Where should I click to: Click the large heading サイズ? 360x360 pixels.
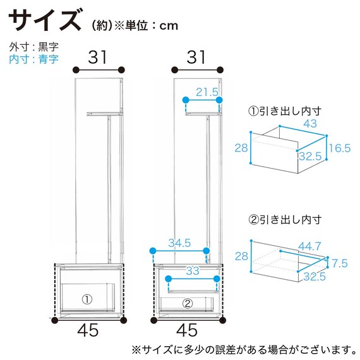[45, 21]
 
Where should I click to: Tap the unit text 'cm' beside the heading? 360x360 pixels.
[168, 26]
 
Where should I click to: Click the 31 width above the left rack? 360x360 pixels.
[97, 57]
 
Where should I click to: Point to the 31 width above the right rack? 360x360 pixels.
[196, 57]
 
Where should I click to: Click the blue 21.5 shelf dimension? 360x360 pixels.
[207, 92]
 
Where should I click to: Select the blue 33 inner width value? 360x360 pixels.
[192, 270]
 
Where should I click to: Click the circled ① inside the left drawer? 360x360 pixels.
[87, 297]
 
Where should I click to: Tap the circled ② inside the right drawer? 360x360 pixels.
[187, 303]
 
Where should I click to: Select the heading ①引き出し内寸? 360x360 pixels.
[285, 111]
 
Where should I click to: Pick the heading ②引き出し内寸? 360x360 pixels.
[285, 220]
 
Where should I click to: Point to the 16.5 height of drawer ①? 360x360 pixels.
[339, 148]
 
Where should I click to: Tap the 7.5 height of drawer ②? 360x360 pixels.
[339, 262]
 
